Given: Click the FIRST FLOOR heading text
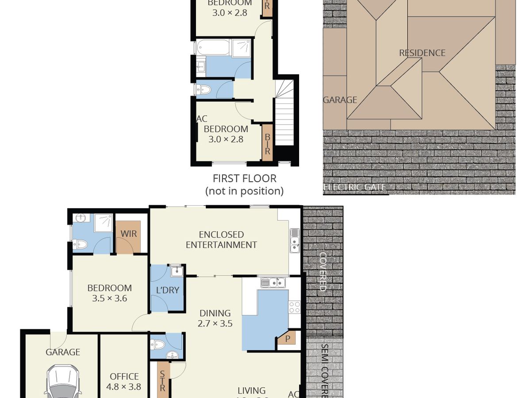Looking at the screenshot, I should pos(244,179).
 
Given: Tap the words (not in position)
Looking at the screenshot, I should pos(244,191).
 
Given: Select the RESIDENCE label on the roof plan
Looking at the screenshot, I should pos(422,53).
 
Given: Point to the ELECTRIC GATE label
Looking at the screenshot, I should pos(355,188).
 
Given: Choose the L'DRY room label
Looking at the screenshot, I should pos(168,290).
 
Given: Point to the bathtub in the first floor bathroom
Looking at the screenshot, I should pos(213,47).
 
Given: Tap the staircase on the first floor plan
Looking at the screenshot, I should pos(284,115).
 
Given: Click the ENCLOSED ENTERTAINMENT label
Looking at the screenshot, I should pos(221,240).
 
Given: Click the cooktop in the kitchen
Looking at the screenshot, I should pos(294,307).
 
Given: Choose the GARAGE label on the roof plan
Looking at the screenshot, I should pos(340,100).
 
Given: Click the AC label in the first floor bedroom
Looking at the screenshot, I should pos(201,119).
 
